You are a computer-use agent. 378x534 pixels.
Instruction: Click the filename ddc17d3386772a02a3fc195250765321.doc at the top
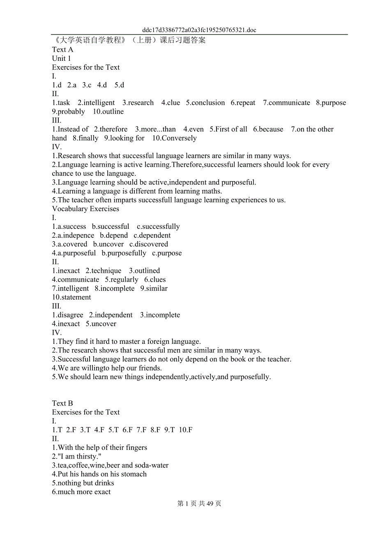[x=199, y=30]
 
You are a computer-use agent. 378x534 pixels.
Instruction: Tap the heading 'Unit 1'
[x=62, y=58]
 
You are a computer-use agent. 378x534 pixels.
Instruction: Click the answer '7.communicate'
[x=286, y=103]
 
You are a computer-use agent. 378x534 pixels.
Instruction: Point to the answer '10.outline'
[x=108, y=112]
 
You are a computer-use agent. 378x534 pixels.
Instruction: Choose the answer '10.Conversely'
[x=174, y=138]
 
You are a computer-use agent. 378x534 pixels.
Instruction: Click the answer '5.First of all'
[x=228, y=129]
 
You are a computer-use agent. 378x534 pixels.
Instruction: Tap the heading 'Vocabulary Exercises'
[x=85, y=209]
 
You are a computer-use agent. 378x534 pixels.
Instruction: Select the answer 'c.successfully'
[x=158, y=227]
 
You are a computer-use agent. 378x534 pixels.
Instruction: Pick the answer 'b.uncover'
[x=108, y=244]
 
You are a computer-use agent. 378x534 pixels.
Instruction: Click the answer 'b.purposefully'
[x=124, y=253]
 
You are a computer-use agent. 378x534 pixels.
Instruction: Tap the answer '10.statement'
[x=71, y=297]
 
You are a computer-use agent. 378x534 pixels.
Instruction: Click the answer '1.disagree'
[x=68, y=315]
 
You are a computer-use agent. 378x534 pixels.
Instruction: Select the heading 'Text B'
[x=62, y=403]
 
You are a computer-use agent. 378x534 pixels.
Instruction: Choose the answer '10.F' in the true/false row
[x=186, y=430]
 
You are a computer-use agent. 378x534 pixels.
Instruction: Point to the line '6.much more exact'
[x=81, y=492]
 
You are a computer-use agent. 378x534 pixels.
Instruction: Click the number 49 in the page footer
[x=210, y=504]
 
